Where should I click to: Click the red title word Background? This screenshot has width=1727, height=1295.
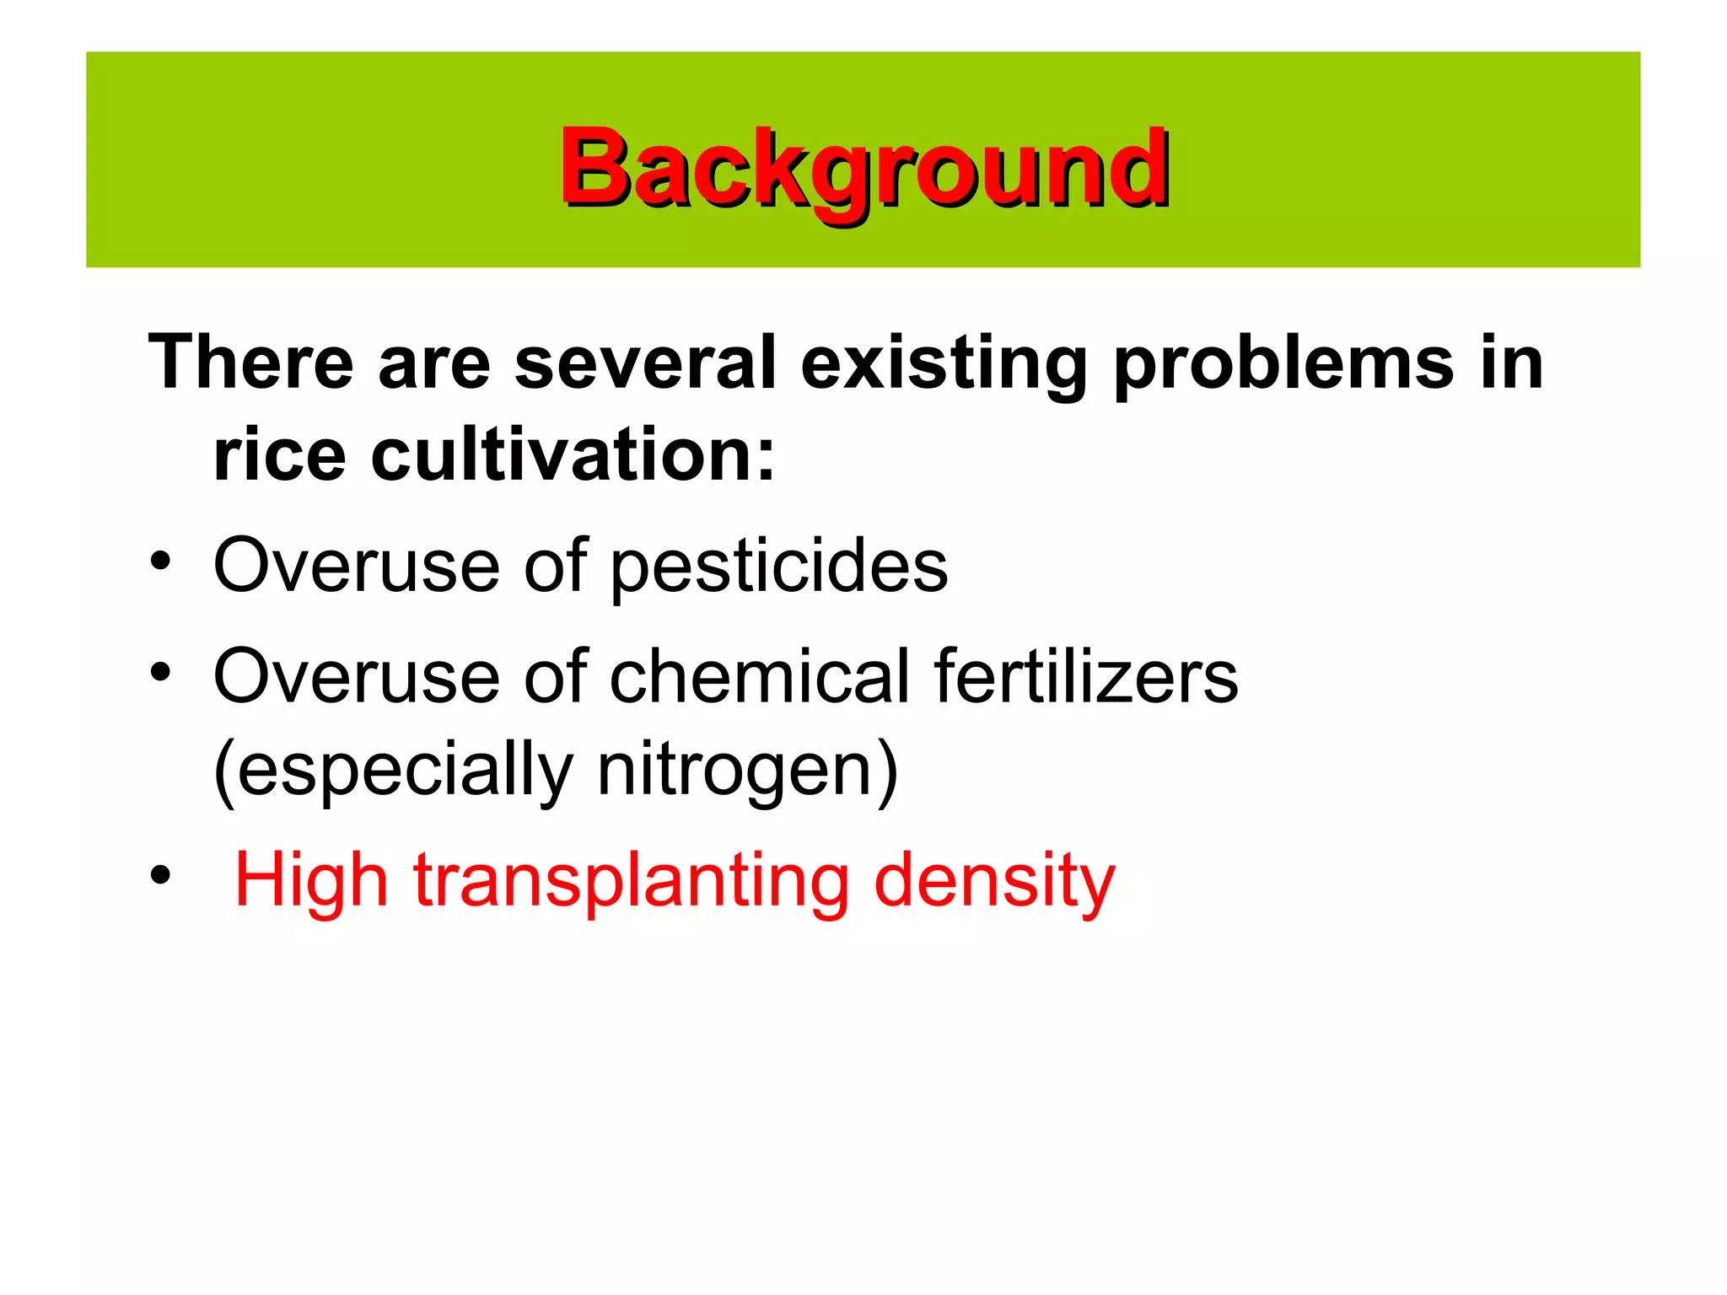point(863,169)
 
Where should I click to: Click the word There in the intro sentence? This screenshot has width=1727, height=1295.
point(250,363)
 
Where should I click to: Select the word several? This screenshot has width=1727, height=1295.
point(644,363)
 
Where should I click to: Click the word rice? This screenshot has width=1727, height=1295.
point(279,455)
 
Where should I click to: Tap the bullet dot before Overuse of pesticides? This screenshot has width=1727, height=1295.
point(160,561)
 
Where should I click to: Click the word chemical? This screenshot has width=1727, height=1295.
point(759,676)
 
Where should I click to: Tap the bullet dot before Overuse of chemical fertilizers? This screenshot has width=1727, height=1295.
point(160,672)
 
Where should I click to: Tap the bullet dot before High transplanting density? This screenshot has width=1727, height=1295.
point(160,876)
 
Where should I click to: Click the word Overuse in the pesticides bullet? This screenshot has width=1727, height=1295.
point(357,566)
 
